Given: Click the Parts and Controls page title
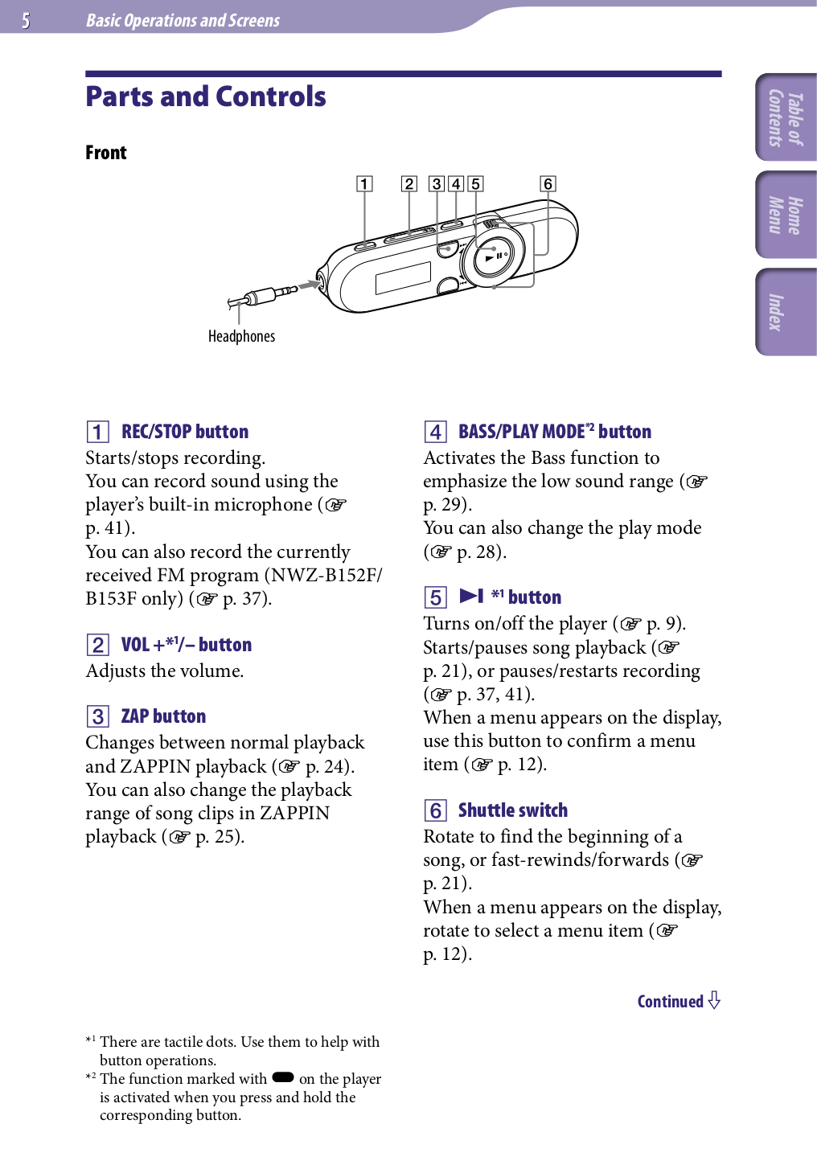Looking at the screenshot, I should (x=206, y=97).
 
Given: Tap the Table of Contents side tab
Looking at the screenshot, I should (x=786, y=117).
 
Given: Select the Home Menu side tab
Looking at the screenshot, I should (x=786, y=215).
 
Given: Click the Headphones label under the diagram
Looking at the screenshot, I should (x=241, y=336).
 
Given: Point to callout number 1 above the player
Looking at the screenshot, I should (x=364, y=184).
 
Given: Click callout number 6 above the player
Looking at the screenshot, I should (x=548, y=184).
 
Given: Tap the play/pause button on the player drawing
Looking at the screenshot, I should (x=492, y=257).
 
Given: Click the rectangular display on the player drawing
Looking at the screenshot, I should (x=403, y=277).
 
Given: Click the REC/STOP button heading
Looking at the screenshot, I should (x=184, y=432).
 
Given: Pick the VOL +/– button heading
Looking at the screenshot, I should (x=186, y=645).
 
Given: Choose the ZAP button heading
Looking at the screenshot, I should (x=163, y=716).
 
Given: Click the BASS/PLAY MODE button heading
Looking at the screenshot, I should (x=554, y=432).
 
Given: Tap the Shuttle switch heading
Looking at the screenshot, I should (x=512, y=810).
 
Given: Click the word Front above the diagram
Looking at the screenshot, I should (x=106, y=153).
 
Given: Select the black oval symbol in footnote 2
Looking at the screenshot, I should (x=283, y=1078).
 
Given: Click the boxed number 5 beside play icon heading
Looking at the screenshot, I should (x=435, y=597).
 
